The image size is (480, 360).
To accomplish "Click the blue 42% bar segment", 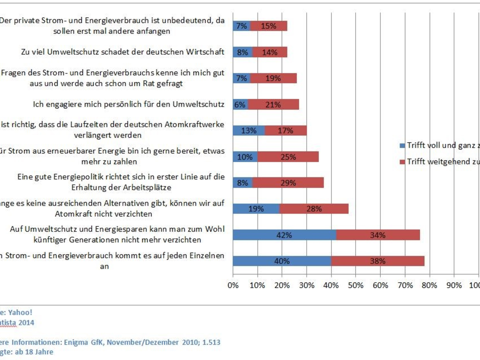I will point(284,235).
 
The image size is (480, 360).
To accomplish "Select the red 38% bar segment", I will point(378,261).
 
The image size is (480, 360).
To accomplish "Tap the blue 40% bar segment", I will point(282,261).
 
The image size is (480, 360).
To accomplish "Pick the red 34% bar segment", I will point(378,235).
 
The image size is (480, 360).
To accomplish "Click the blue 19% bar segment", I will point(256,208).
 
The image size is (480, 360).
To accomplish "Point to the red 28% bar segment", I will point(314,208).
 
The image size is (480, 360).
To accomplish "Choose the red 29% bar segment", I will point(288,183).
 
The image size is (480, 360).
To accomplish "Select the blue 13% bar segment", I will point(249,130).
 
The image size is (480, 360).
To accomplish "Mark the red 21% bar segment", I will point(273,105).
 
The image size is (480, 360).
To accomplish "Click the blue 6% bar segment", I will point(240,105).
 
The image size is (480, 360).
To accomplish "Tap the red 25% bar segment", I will point(288,157).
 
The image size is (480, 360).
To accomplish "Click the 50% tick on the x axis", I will point(356,285).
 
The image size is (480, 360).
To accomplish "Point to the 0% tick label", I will point(233,285).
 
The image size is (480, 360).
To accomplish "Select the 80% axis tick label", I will point(429,285).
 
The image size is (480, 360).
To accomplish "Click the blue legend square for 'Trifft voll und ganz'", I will point(402,146).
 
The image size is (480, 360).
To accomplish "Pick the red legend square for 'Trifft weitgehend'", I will point(402,162).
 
